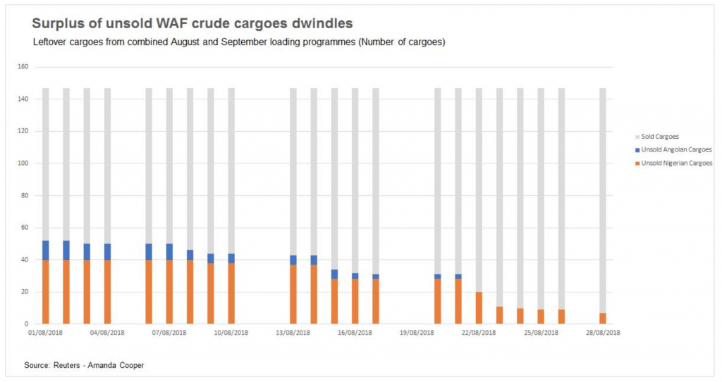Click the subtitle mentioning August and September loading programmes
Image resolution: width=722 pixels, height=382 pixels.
[x=239, y=42]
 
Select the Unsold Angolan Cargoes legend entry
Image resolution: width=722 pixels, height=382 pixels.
[x=673, y=149]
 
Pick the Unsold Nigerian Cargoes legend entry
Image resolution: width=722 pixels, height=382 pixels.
[x=673, y=163]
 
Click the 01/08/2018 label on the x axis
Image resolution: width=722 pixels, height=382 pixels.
[x=46, y=332]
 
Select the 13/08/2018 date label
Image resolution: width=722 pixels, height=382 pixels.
[x=293, y=332]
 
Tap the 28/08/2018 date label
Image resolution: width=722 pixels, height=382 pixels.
[x=603, y=332]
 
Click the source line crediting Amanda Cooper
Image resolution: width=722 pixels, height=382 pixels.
[x=79, y=364]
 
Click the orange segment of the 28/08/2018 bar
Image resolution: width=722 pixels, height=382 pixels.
[x=603, y=318]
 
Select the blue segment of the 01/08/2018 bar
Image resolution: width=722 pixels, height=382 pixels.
[x=46, y=250]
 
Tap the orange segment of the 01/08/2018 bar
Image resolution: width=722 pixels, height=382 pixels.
[x=46, y=292]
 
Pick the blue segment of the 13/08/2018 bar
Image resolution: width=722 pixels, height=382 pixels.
[x=293, y=259]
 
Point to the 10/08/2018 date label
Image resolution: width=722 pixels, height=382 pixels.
[x=231, y=332]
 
